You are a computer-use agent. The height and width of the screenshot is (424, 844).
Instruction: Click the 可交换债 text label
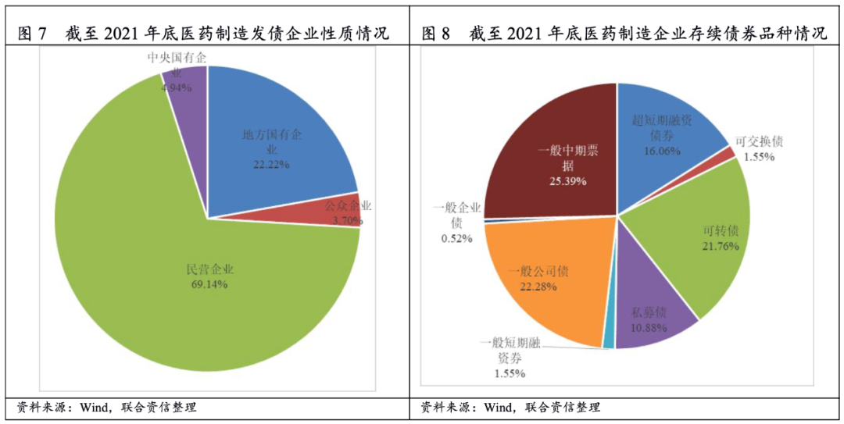coord(759,141)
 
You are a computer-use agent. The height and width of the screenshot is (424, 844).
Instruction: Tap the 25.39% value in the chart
coord(567,181)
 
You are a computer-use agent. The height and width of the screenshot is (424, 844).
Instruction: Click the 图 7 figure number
coord(33,34)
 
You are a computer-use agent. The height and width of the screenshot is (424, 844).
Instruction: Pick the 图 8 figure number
coord(438,34)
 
